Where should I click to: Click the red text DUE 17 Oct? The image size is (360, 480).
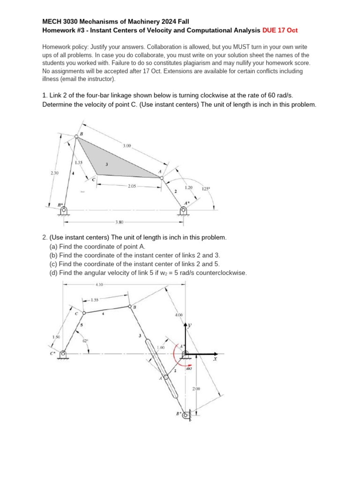[280, 30]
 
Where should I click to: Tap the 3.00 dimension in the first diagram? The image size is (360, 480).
[127, 146]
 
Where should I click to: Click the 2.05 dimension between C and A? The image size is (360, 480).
[132, 186]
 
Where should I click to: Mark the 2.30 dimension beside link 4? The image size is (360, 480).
[54, 173]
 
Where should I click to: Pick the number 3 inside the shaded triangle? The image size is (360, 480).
[107, 165]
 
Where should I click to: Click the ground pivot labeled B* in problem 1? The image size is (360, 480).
[64, 210]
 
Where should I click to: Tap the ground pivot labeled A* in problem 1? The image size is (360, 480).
[183, 210]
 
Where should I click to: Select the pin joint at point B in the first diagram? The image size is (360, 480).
[77, 136]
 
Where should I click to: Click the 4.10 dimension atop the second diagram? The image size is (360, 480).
[99, 284]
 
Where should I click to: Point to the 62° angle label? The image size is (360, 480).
[85, 341]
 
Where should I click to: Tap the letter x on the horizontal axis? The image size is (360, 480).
[215, 359]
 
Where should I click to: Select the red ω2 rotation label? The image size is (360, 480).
[189, 368]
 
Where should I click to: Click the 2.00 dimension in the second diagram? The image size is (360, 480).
[197, 389]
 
